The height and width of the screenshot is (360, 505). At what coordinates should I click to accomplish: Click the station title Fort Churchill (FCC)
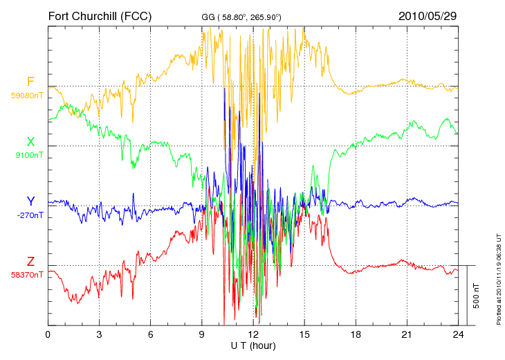(x=100, y=16)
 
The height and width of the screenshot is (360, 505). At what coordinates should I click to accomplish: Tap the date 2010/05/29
(x=428, y=16)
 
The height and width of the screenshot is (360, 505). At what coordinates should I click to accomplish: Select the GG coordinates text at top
(x=241, y=17)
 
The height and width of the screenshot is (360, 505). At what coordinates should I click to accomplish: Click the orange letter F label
(x=30, y=82)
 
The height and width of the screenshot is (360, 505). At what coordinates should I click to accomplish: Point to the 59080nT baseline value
(x=27, y=96)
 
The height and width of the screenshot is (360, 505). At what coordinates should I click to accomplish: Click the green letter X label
(x=30, y=142)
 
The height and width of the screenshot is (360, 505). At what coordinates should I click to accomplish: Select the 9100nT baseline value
(x=29, y=155)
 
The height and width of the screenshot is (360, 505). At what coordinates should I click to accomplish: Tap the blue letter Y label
(x=30, y=201)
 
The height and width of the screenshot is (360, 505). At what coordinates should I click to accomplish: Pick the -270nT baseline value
(x=30, y=215)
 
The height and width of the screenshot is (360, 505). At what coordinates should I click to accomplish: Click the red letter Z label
(x=30, y=262)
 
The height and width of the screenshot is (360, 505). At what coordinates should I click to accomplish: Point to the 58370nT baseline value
(x=27, y=275)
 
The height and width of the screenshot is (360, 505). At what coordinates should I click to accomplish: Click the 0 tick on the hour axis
(x=48, y=334)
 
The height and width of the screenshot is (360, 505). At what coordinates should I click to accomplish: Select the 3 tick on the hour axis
(x=99, y=334)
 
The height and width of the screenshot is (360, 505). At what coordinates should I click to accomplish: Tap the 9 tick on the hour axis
(x=201, y=334)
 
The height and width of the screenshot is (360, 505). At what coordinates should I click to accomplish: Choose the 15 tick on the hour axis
(x=304, y=334)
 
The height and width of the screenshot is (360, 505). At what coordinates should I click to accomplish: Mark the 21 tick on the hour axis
(x=407, y=334)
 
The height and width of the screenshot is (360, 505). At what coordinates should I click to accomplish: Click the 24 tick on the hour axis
(x=458, y=334)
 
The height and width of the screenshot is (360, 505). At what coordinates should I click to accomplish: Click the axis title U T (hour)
(x=253, y=346)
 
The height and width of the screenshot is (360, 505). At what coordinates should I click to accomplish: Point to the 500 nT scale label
(x=477, y=296)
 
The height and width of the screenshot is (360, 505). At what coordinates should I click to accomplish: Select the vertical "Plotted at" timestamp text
(x=499, y=279)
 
